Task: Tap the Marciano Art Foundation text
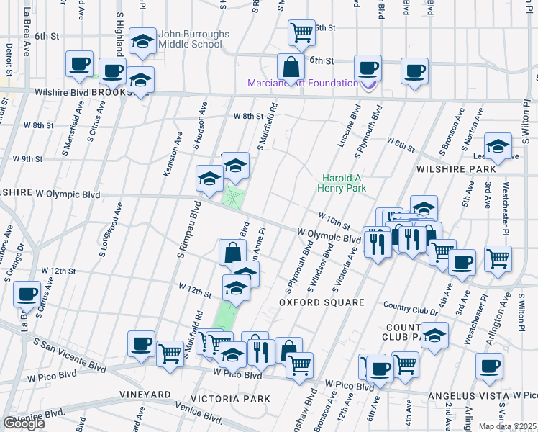[303, 83]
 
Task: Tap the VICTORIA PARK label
[230, 398]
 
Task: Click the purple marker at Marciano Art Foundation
[370, 85]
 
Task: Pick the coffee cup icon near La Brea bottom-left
[27, 294]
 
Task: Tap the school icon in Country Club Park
[435, 335]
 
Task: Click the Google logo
[24, 423]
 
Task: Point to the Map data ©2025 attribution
[508, 426]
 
